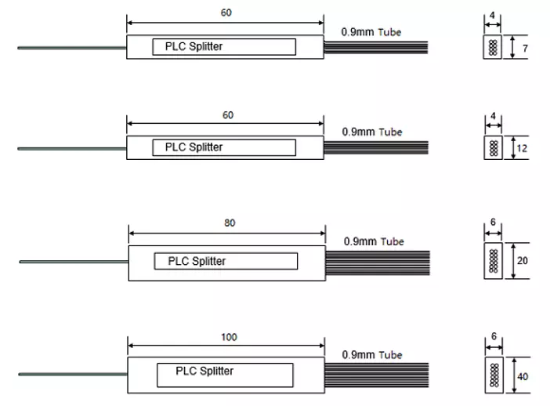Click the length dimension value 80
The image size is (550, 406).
[230, 223]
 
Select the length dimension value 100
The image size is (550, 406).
[229, 337]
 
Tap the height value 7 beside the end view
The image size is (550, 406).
[525, 49]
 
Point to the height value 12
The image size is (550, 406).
[522, 148]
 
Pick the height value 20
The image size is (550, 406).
[523, 261]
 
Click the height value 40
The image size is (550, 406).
[523, 376]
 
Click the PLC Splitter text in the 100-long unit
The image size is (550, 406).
[204, 371]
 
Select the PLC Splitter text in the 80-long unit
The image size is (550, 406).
[197, 261]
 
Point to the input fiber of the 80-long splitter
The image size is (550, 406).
[74, 262]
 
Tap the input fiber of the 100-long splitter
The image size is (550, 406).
[73, 375]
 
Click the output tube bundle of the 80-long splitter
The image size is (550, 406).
[378, 263]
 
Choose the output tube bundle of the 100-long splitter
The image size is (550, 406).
[377, 375]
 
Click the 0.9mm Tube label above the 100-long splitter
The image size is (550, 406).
[372, 355]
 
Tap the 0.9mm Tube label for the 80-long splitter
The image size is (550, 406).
[374, 241]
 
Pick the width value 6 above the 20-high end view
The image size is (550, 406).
[493, 222]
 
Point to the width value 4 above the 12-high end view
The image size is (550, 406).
[493, 116]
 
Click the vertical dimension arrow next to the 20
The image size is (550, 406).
[513, 261]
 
